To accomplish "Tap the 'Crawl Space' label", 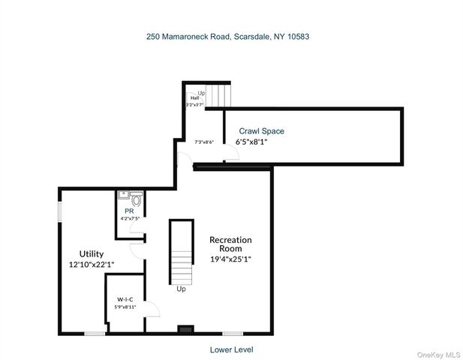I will coord(261,131).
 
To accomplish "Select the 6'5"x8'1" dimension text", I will coord(251,141).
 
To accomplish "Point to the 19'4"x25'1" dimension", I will coord(230,259).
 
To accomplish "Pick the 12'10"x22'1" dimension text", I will coord(91,264).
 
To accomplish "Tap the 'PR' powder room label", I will coord(128,211).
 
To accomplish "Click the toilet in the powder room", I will coord(137,199).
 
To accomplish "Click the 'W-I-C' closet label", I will coord(125,297).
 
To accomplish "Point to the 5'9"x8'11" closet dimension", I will coord(125,306).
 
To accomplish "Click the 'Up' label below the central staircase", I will coord(181,288).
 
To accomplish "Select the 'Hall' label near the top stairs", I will coord(194,98).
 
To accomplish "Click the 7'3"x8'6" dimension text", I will coord(204,142).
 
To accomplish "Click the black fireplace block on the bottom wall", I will coord(185,329).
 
